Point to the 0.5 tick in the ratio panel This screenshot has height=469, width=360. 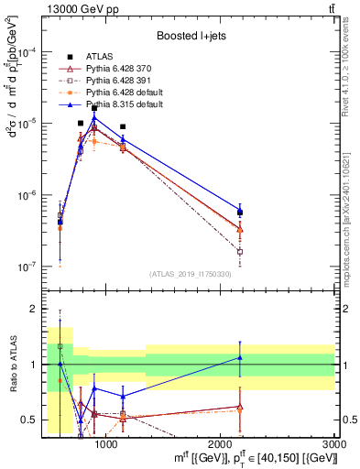28,420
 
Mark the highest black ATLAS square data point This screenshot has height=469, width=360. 94,108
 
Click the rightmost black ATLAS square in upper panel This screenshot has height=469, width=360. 240,213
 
